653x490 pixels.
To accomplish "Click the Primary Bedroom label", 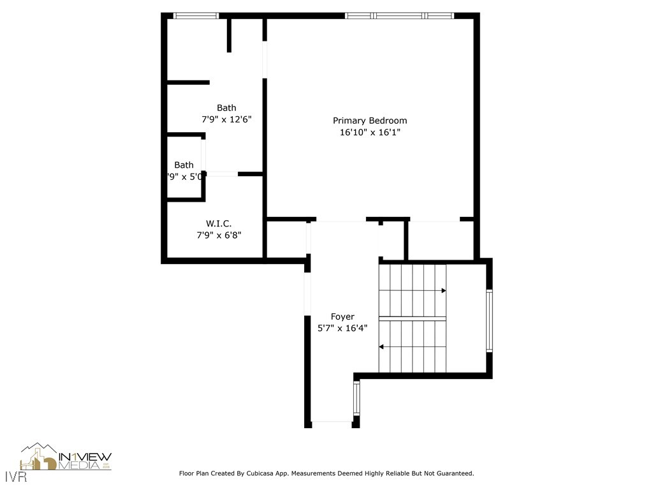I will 370,121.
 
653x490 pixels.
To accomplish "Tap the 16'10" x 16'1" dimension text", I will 370,133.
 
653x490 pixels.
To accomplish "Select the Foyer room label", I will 342,316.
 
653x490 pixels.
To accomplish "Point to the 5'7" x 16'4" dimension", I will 342,329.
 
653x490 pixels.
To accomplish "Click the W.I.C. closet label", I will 219,223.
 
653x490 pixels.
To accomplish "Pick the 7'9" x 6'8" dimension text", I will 219,235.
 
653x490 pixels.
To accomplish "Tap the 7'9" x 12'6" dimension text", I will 226,119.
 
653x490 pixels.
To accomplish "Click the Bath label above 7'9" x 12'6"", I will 226,108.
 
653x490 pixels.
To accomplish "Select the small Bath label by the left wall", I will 184,165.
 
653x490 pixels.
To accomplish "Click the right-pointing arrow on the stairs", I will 443,290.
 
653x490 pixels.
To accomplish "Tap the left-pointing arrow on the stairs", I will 382,347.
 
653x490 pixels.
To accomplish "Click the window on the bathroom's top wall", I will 196,15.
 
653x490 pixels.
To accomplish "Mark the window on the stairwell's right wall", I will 489,320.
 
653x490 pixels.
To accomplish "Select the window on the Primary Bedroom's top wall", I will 399,15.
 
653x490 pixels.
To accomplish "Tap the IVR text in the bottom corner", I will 13,477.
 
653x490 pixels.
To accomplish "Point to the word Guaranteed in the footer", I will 452,473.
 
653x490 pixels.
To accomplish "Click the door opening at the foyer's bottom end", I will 332,422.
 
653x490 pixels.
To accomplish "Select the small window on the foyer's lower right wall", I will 356,399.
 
